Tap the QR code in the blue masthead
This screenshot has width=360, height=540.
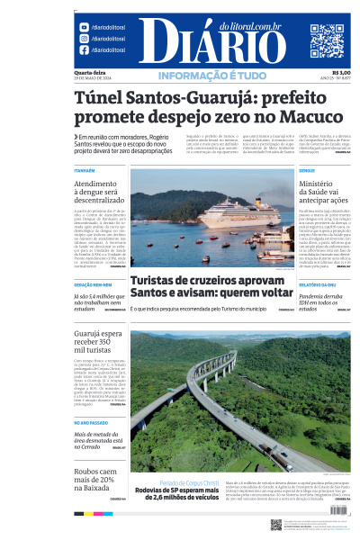[x=327, y=41]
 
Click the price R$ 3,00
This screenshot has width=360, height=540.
[x=341, y=72]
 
